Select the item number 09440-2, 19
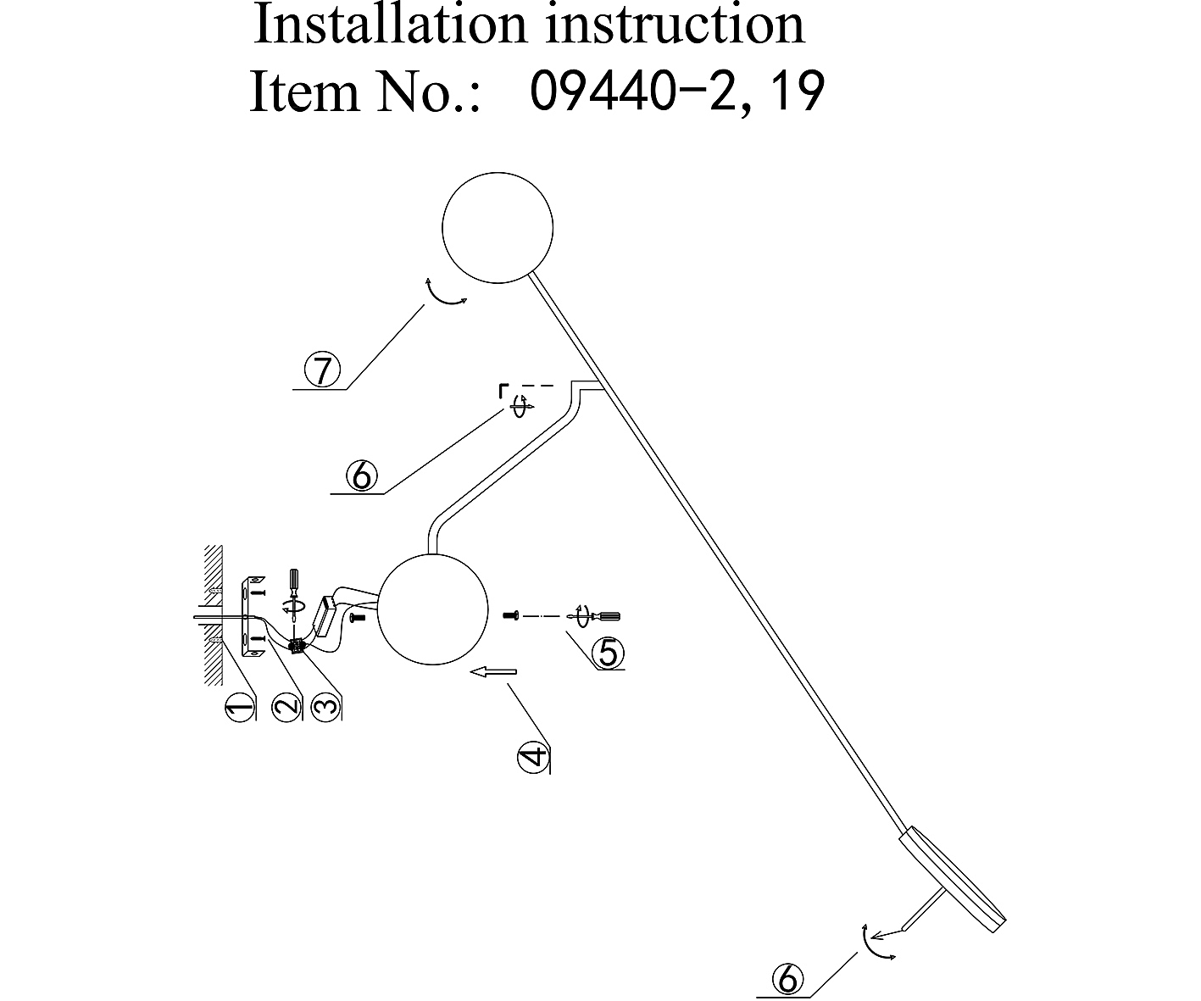676,91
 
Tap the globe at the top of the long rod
498,228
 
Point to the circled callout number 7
322,371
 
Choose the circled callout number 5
608,653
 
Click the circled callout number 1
241,707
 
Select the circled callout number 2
286,707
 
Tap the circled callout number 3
326,707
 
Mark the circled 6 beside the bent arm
362,476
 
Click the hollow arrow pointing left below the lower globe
493,672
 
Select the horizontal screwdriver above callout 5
598,616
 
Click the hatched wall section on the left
213,615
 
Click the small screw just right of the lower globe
510,614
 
